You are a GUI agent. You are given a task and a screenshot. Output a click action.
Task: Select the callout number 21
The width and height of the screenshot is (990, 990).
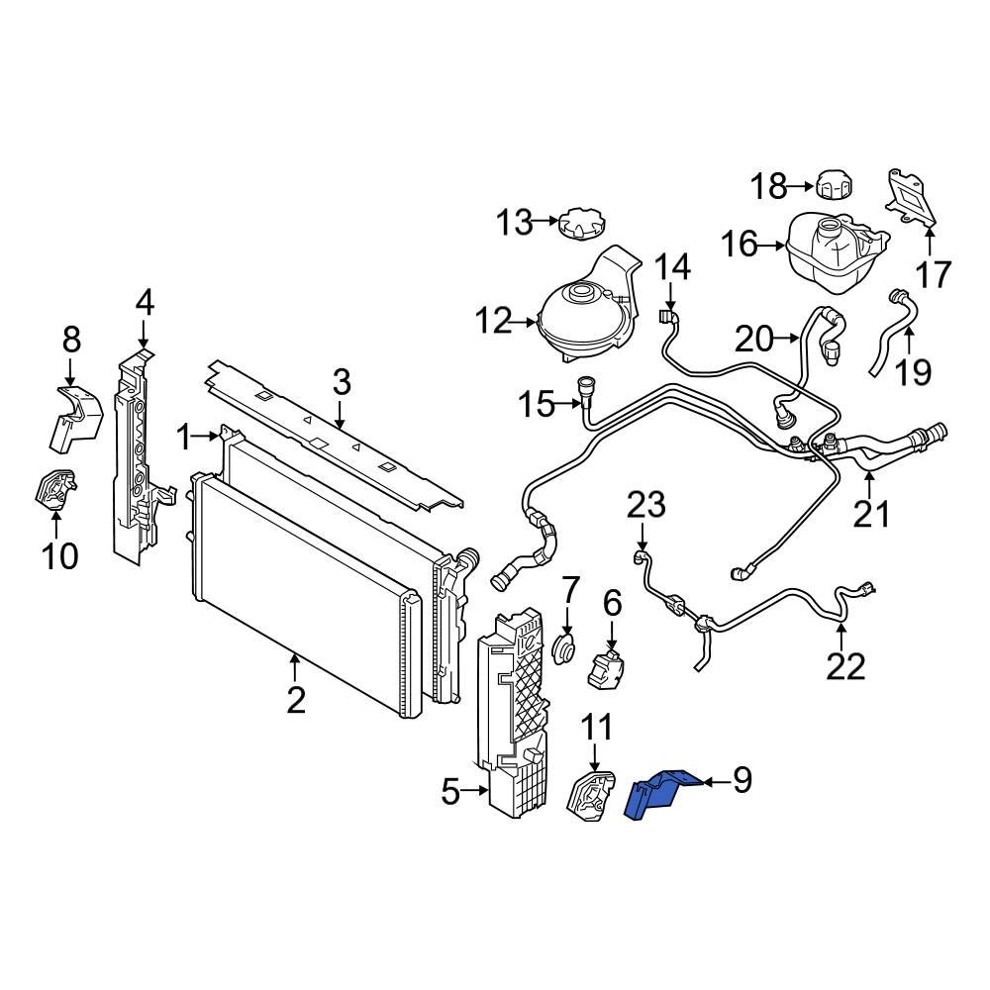coord(872,515)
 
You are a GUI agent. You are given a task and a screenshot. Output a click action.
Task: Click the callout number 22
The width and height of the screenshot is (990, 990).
coord(845,666)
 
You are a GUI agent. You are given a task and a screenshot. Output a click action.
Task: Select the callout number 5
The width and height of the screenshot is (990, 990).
coord(450,792)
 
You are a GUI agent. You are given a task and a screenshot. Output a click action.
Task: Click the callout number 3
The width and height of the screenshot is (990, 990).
coord(341,381)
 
